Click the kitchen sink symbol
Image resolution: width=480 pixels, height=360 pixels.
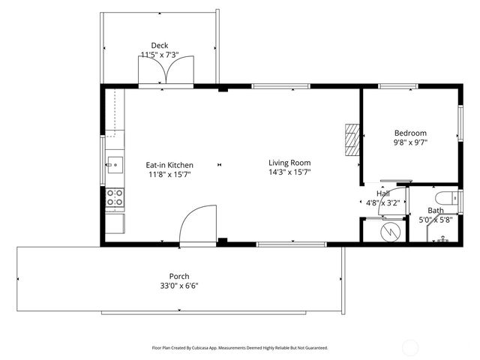coord(115,163)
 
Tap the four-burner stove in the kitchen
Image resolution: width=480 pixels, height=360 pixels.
coord(115,197)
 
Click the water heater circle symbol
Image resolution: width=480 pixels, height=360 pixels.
coord(390,230)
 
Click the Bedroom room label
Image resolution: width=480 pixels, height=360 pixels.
coord(410,132)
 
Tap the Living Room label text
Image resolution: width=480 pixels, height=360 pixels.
coord(289,163)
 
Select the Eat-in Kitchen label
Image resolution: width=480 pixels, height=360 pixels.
coord(169,165)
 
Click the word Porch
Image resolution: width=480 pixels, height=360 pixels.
coord(178,275)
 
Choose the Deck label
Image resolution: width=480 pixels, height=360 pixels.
coord(159,45)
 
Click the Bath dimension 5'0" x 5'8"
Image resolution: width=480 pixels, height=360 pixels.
coord(435,220)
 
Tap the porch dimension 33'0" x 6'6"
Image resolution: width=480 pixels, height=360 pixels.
coord(178,285)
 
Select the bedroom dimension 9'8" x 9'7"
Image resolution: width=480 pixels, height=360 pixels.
coord(410,142)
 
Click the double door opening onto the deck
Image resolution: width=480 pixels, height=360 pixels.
coord(166,73)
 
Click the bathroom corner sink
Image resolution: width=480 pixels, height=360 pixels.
coord(442,238)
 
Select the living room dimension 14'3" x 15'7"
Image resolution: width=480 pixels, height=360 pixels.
coord(289,172)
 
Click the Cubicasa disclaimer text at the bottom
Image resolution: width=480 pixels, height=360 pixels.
coord(240,348)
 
